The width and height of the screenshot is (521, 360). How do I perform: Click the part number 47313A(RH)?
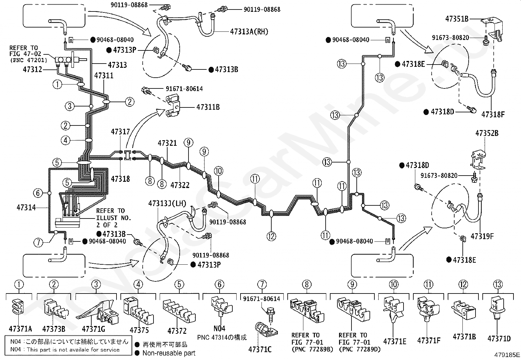click(249, 31)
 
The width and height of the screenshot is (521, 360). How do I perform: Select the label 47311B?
click(208, 107)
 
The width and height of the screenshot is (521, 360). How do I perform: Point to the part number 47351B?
click(457, 19)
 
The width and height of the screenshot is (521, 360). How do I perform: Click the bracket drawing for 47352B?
click(478, 160)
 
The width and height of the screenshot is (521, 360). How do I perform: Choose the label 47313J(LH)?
click(167, 203)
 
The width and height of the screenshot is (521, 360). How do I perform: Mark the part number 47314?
click(26, 207)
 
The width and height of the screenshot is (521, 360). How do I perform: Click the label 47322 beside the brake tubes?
click(180, 185)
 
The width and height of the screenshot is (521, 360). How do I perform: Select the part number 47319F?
click(482, 237)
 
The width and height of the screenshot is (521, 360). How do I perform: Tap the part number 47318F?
click(493, 115)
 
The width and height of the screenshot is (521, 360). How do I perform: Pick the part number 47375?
click(139, 330)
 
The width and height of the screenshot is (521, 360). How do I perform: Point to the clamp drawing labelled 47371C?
click(265, 329)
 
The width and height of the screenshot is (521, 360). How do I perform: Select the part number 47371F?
click(429, 340)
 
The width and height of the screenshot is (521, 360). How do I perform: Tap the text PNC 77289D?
click(360, 350)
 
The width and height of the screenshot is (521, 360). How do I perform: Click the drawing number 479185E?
click(507, 355)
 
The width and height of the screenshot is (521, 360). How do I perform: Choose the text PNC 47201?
click(28, 60)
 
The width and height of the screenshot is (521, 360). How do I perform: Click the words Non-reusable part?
click(169, 353)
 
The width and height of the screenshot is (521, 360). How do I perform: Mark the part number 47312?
click(32, 69)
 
